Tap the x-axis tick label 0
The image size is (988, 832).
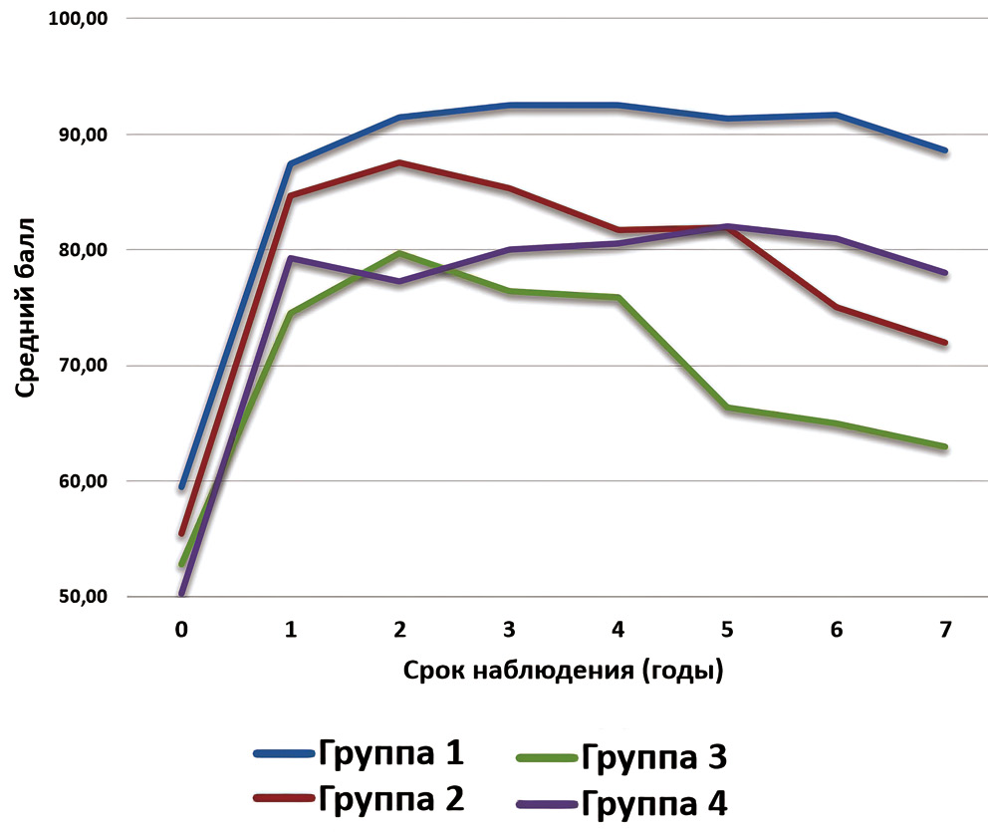point(180,630)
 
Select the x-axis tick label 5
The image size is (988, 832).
point(727,630)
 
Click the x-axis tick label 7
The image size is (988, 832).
point(945,630)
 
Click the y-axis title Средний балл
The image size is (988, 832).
point(26,308)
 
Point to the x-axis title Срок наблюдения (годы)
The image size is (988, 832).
point(563,670)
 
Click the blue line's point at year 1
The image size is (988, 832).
point(290,163)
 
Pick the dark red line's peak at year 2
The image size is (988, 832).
point(399,162)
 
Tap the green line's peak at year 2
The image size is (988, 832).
point(399,253)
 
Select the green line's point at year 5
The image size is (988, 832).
point(727,408)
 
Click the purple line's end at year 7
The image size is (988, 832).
point(945,273)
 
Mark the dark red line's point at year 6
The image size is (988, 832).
point(836,308)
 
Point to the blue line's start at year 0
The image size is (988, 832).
point(181,487)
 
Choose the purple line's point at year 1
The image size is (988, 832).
point(290,258)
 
